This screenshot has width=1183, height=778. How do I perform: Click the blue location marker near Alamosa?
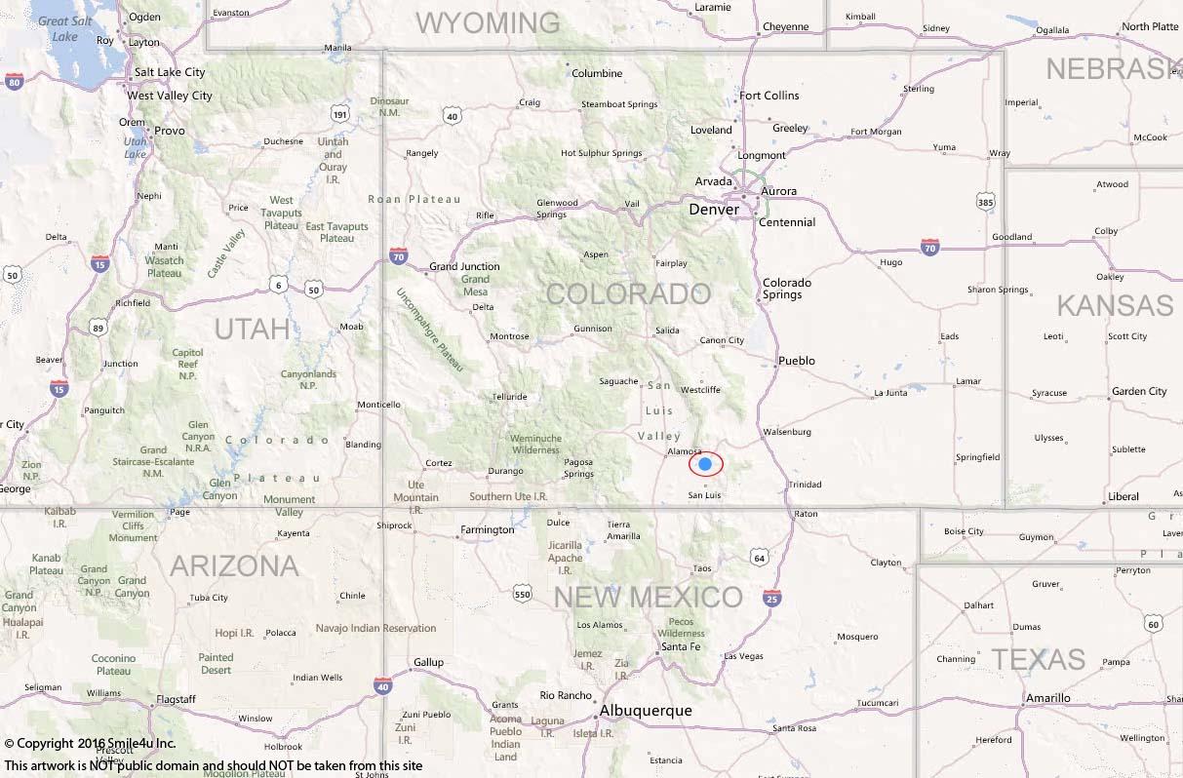coord(705,464)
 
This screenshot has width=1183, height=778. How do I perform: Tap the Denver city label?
coord(714,210)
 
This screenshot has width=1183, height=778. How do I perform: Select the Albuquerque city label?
coord(646,711)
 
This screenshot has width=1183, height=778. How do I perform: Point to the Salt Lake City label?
coord(170,72)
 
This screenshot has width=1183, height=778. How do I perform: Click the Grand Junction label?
coord(464,266)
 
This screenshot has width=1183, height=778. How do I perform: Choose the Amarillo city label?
coord(1047,698)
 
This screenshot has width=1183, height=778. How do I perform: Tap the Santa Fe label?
coord(680,646)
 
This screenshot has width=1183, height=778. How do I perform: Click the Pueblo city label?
coord(797,361)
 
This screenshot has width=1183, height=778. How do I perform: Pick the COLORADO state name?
coord(628,293)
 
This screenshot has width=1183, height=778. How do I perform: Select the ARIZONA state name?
coord(234,565)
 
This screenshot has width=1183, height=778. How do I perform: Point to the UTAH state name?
coord(252,329)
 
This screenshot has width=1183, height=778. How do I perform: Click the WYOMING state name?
coord(489,22)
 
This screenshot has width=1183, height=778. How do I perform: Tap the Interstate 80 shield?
coord(14,83)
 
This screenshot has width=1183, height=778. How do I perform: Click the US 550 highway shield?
coord(523,594)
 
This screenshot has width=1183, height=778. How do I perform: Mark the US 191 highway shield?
coord(338,115)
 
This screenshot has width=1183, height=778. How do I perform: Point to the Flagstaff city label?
coord(177,699)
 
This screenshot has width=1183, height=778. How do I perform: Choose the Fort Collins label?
coord(769,96)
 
